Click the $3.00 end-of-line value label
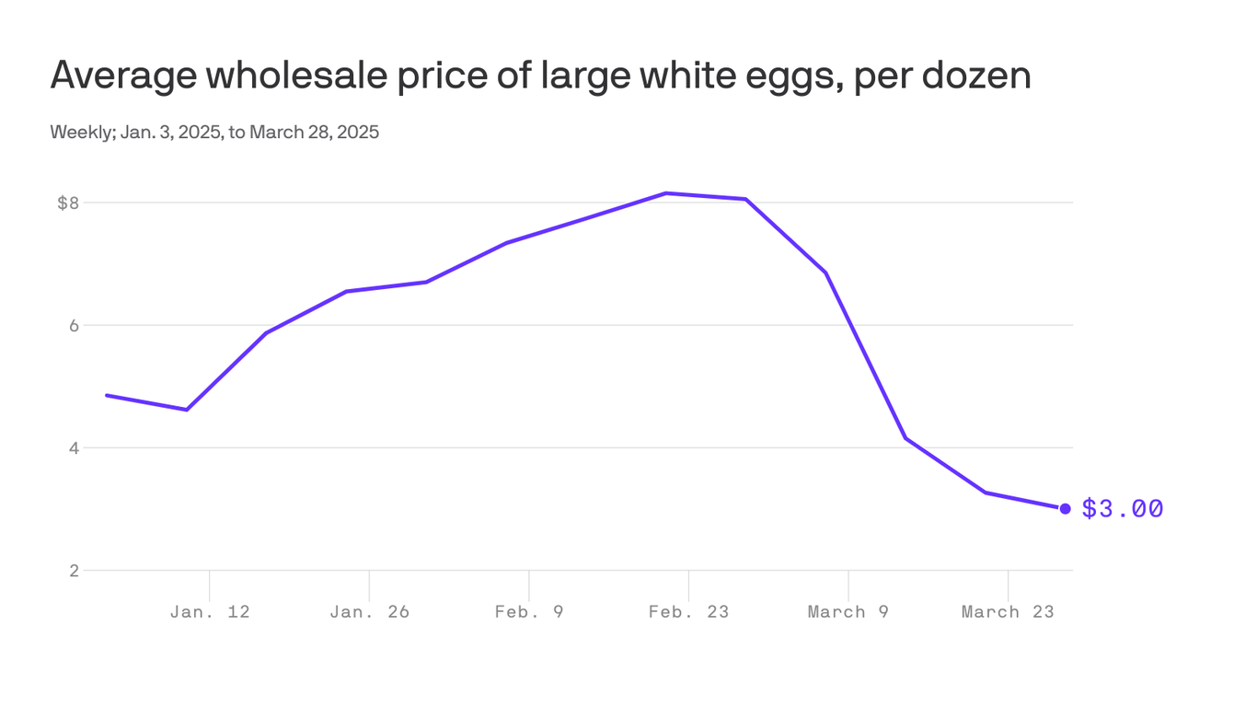click(x=1122, y=508)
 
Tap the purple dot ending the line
click(x=1065, y=508)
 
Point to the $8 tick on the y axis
click(x=68, y=203)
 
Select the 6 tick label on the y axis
click(x=74, y=326)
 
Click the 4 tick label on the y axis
click(x=74, y=448)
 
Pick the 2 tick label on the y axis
click(x=74, y=571)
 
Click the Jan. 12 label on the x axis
click(x=210, y=612)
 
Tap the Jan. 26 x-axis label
click(x=369, y=612)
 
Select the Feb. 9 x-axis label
click(x=529, y=612)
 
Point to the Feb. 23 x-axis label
click(x=688, y=612)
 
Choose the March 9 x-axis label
click(x=848, y=612)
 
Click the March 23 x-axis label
click(x=1008, y=612)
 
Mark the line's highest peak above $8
click(x=666, y=193)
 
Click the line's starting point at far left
click(x=107, y=395)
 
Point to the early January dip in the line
click(x=187, y=410)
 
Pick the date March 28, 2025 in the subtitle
click(x=314, y=133)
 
